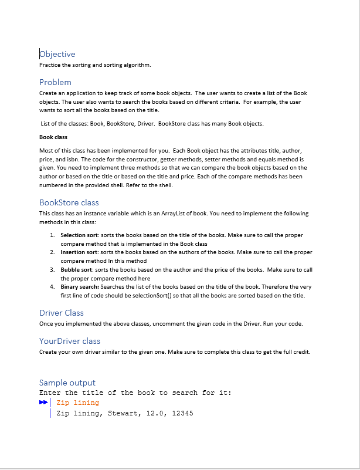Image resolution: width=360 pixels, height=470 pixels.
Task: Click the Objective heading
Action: (x=57, y=54)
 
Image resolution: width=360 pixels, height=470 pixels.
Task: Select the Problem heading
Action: (x=55, y=82)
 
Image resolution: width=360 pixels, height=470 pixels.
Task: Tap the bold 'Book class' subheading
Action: (x=53, y=137)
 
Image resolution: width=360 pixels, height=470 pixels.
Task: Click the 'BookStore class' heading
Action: (x=69, y=202)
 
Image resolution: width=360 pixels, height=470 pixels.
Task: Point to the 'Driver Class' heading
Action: (x=61, y=313)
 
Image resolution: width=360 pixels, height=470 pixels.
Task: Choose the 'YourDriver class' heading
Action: (x=69, y=341)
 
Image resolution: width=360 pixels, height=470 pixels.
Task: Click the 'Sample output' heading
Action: (x=67, y=383)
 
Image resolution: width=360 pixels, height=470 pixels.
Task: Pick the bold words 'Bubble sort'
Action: (x=76, y=269)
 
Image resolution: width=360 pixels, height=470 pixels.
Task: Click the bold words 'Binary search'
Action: (x=80, y=287)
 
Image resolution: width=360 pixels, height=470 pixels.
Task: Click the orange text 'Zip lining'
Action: (x=77, y=403)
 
